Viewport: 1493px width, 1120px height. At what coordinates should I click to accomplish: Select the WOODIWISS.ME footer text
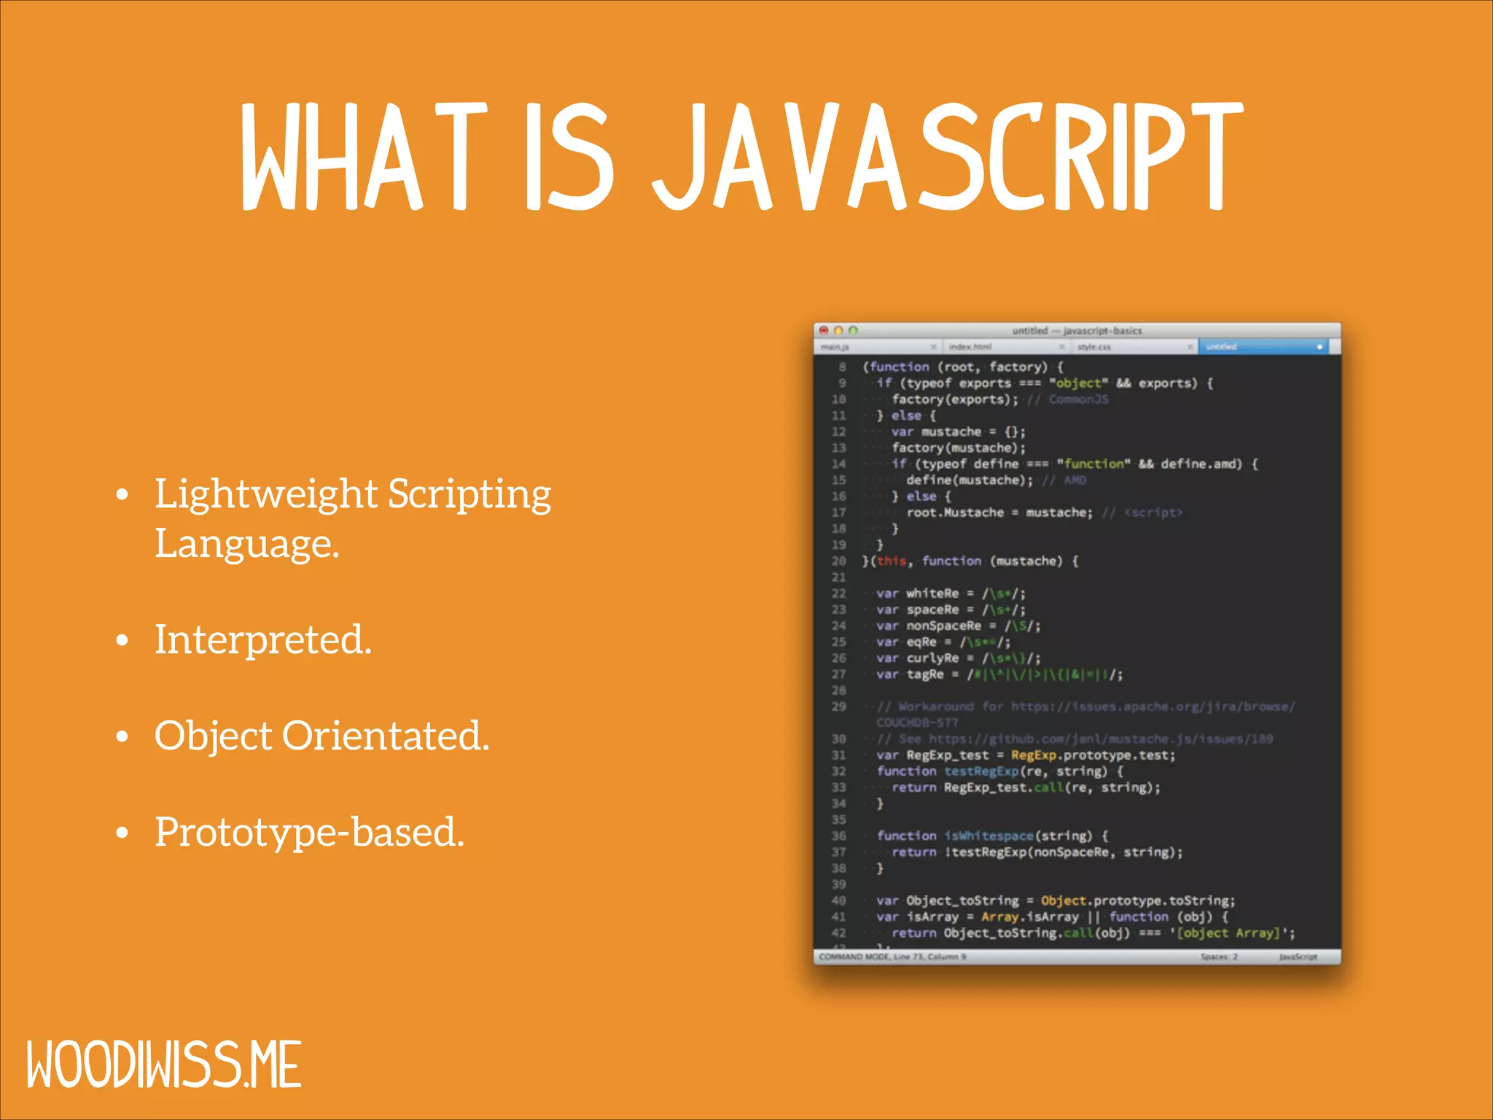coord(164,1065)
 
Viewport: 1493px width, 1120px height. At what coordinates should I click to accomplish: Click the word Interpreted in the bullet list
coord(262,639)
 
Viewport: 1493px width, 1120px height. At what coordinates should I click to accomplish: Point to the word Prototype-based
coord(309,832)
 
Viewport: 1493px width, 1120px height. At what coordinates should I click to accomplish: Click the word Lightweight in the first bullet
coord(265,494)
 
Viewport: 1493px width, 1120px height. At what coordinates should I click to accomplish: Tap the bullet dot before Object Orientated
coord(122,736)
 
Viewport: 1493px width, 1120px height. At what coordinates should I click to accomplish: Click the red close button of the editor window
coord(824,330)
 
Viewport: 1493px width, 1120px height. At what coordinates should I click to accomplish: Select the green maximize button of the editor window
coord(853,330)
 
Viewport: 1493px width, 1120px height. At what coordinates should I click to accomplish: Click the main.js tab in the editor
coord(835,347)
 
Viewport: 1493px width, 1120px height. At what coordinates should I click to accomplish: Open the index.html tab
coord(970,347)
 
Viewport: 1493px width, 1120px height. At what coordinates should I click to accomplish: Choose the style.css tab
coord(1094,347)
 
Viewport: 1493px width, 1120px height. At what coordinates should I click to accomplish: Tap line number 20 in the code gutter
coord(839,561)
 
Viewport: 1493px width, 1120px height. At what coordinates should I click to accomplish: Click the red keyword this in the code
coord(891,561)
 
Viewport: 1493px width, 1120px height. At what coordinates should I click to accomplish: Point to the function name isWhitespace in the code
coord(989,836)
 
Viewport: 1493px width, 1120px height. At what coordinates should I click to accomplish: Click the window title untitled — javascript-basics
coord(1077,330)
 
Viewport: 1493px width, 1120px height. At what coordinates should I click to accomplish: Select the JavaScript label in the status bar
coord(1298,957)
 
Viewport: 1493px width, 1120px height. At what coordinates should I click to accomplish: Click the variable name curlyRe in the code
coord(932,658)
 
